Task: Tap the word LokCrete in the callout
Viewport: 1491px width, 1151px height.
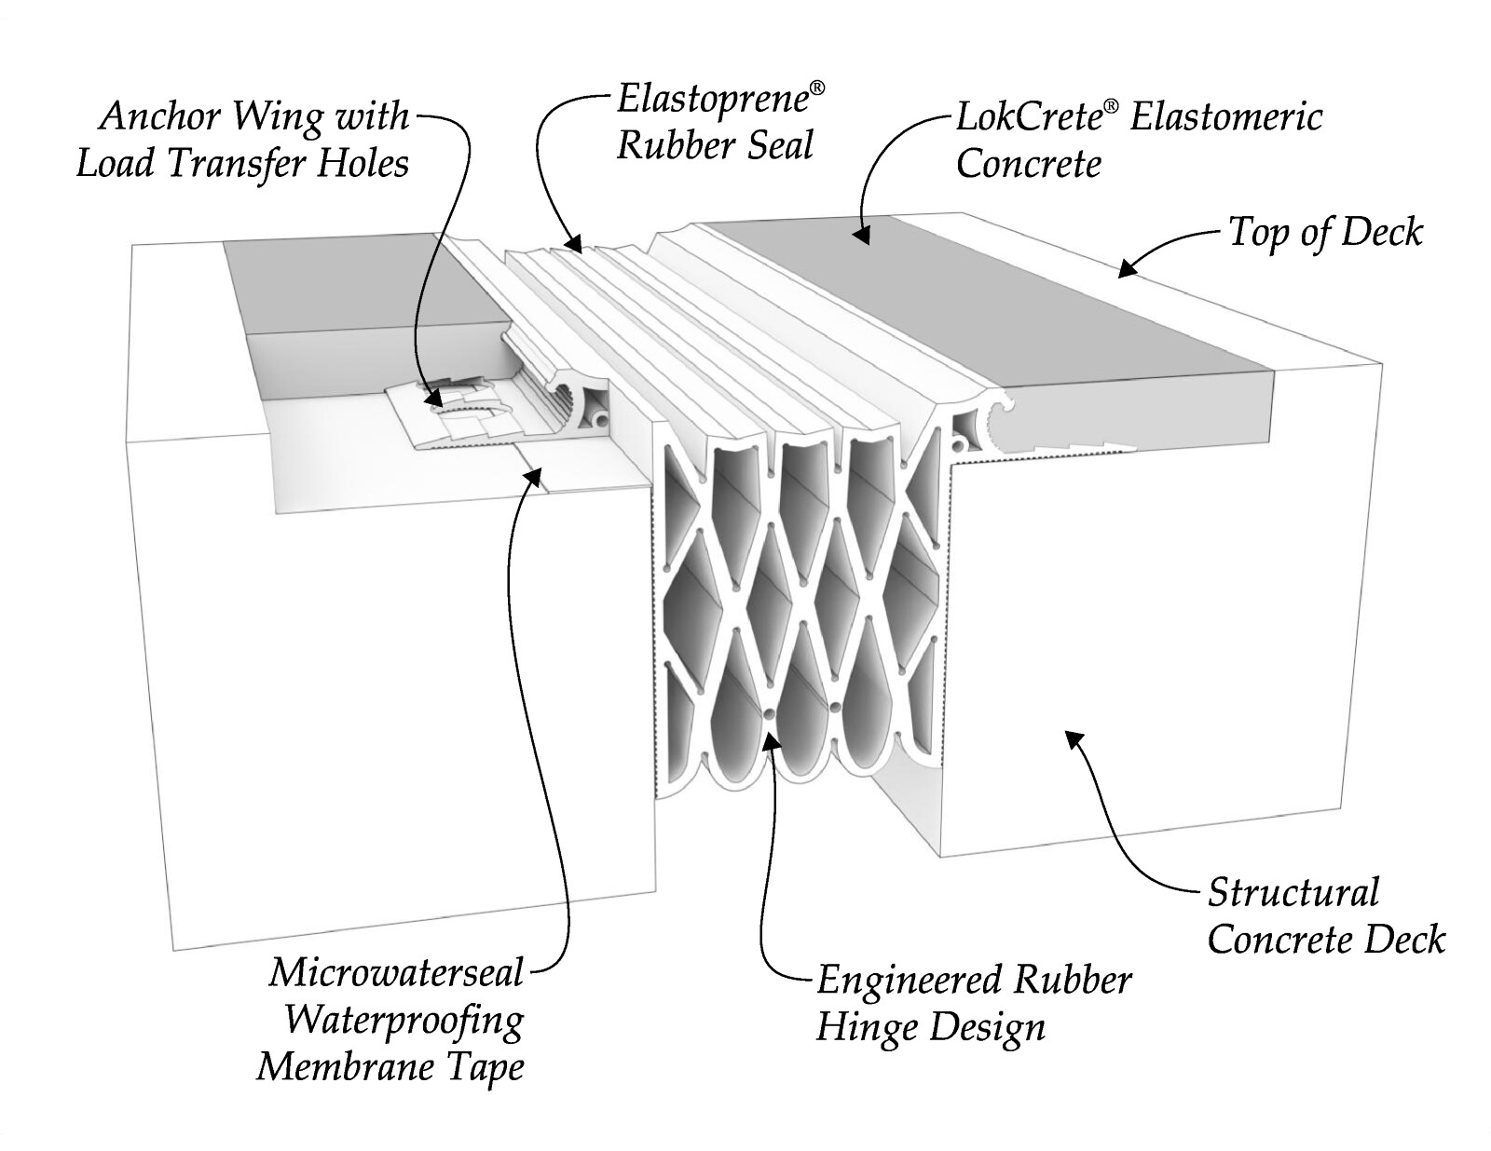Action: tap(1029, 117)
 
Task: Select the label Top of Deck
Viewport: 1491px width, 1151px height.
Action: tap(1325, 233)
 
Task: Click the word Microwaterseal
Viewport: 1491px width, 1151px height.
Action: tap(397, 973)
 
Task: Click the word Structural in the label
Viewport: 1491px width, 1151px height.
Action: tap(1293, 892)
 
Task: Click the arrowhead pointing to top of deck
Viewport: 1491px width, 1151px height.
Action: tap(1129, 269)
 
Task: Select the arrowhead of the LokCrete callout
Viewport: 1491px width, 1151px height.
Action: tap(863, 236)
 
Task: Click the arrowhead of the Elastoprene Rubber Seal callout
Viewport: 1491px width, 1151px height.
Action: tap(574, 245)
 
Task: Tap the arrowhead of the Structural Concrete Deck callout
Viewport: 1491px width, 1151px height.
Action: tap(1074, 739)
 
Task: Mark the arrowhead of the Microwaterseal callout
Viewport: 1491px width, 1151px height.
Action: tap(532, 476)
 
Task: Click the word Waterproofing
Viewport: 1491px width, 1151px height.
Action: tap(404, 1021)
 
